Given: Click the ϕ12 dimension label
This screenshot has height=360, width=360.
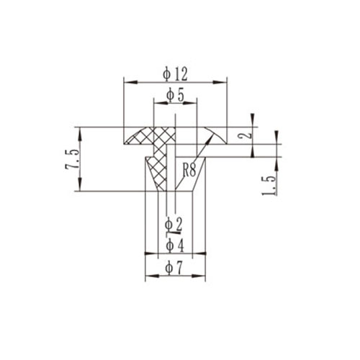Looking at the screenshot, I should click(x=176, y=73).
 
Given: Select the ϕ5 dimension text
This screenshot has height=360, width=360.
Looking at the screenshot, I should click(x=175, y=94).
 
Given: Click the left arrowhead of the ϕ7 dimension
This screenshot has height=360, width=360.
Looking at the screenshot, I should click(x=148, y=276).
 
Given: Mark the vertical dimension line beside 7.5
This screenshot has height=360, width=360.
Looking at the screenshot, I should click(x=78, y=159).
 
